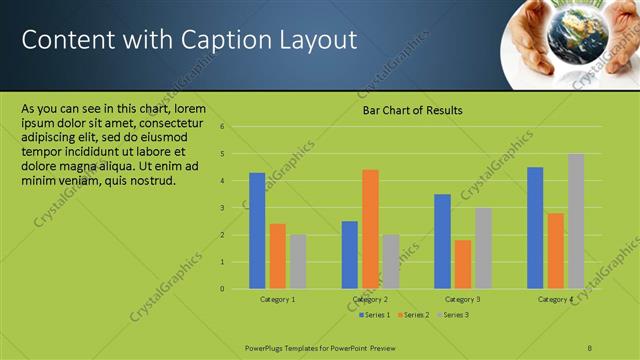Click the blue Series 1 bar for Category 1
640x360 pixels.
(x=257, y=231)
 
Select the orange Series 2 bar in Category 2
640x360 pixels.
(x=370, y=229)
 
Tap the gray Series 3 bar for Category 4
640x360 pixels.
(x=576, y=221)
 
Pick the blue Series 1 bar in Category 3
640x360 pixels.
(x=442, y=241)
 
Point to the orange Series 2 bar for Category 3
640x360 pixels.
(x=462, y=264)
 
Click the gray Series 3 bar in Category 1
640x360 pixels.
(x=297, y=262)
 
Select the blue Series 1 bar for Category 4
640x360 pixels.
(x=535, y=228)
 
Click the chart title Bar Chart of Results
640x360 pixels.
(x=412, y=110)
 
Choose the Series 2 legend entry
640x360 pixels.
(x=413, y=315)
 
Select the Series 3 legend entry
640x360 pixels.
(x=452, y=315)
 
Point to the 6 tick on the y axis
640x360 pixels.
(x=236, y=127)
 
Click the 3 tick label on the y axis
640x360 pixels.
(x=236, y=208)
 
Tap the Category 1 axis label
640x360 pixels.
(x=277, y=299)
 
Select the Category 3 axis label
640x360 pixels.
(x=462, y=299)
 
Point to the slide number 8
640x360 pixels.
(x=590, y=346)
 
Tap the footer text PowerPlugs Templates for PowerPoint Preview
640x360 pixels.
(x=320, y=346)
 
